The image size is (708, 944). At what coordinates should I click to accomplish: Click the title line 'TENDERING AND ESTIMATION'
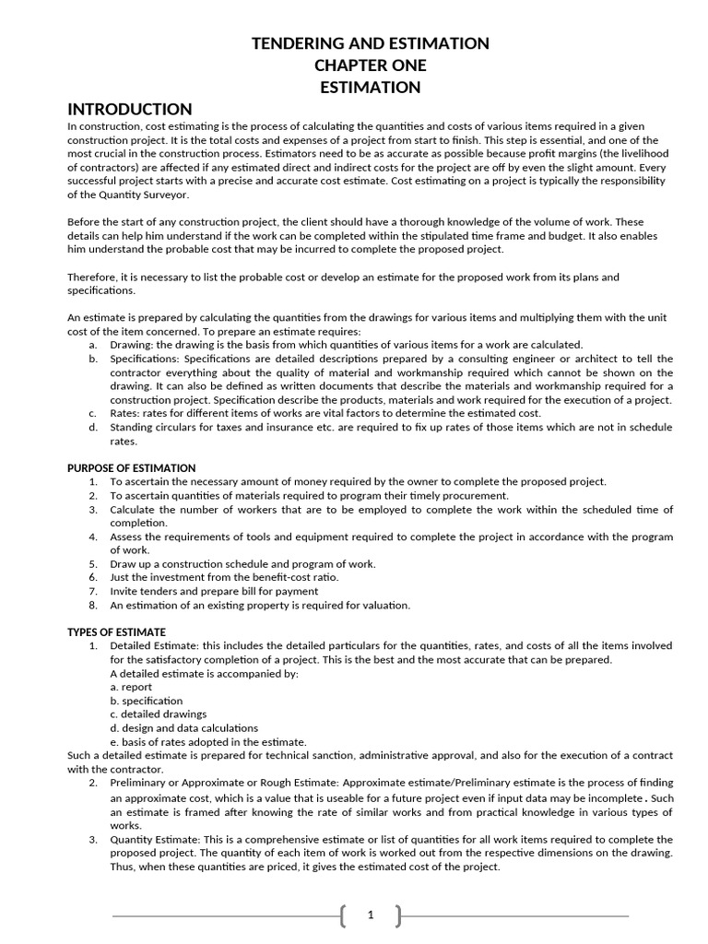371,43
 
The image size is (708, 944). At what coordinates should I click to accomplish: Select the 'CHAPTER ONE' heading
371,65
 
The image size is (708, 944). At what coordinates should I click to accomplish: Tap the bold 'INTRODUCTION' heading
130,109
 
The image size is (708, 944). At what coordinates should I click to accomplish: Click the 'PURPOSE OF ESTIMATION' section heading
131,468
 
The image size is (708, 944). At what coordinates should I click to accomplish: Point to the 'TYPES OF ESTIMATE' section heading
116,632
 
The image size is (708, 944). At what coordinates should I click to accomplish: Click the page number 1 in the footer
371,915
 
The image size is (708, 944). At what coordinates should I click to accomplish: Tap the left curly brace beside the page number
343,915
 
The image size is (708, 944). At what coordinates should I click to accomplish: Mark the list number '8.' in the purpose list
93,606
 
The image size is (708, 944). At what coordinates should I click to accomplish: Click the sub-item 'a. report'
131,687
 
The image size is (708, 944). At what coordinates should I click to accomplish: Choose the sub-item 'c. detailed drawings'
158,714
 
